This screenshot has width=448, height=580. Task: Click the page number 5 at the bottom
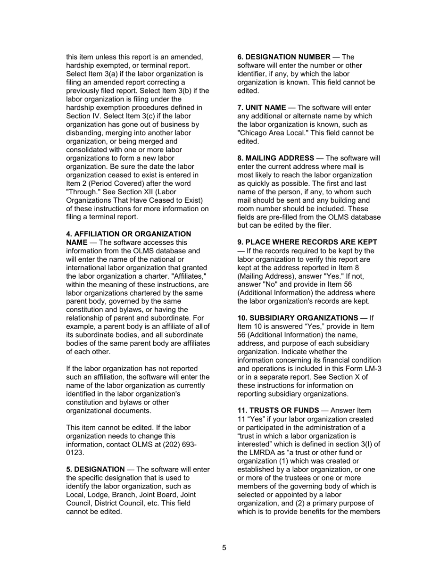(224, 547)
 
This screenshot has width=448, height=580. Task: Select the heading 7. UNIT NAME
(258, 108)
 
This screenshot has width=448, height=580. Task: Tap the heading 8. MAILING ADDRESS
(275, 158)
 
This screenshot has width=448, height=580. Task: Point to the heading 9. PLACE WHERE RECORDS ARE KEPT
(307, 242)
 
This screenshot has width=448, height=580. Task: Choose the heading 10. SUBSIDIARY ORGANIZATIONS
(298, 318)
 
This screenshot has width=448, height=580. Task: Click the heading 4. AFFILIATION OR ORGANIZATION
(128, 234)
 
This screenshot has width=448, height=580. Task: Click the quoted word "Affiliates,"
(186, 276)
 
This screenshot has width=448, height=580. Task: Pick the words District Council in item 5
(109, 504)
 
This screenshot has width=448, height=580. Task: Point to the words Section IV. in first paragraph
(83, 116)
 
